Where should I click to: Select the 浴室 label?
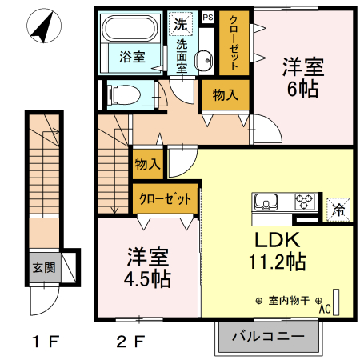point(132,57)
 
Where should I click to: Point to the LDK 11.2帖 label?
point(278,251)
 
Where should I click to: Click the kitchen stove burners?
point(305,201)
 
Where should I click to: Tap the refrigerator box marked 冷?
point(337,210)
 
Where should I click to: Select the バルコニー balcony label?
point(268,337)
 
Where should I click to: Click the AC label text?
point(325,308)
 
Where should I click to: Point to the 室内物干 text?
point(290,300)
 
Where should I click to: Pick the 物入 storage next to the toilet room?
point(225,95)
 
